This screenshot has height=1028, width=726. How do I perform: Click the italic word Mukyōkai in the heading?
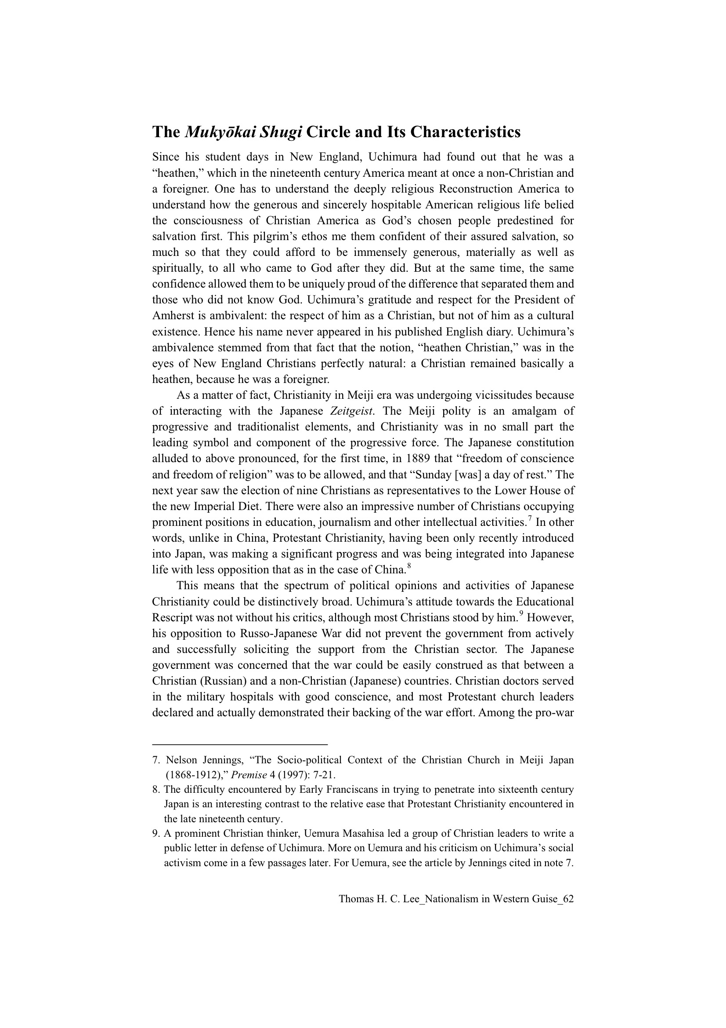click(x=217, y=132)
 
